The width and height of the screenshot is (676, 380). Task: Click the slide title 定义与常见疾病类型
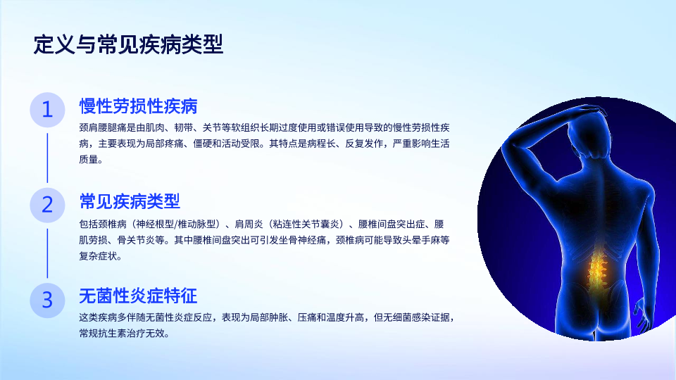(128, 44)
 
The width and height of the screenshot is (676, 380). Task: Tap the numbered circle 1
(47, 110)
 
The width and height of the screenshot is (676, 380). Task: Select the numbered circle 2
(47, 205)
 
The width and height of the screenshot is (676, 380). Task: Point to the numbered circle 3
(47, 300)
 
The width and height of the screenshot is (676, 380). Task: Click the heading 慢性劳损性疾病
(139, 106)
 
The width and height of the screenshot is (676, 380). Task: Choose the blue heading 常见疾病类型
(130, 201)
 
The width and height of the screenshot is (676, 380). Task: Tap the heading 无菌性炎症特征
(139, 296)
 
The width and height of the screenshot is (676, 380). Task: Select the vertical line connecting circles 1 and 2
(47, 158)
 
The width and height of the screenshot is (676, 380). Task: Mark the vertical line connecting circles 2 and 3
(47, 253)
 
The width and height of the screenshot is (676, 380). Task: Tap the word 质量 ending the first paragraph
(89, 160)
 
